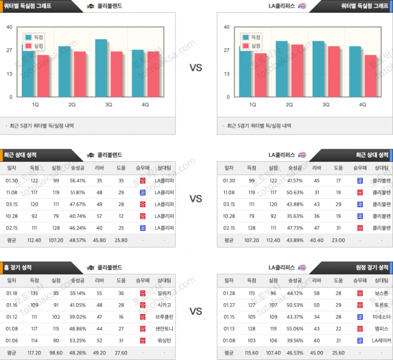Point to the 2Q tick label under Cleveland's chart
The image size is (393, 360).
click(71, 104)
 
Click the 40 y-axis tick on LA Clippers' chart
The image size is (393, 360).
click(226, 27)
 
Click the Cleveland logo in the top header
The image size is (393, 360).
click(91, 5)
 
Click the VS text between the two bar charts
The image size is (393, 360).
click(196, 68)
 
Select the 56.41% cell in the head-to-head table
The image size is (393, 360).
click(77, 180)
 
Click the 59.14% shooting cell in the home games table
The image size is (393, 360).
click(77, 292)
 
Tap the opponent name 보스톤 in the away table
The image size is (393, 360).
click(381, 292)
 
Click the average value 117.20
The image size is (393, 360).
click(34, 352)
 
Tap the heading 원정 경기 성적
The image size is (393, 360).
click(371, 267)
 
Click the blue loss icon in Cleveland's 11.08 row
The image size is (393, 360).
click(142, 192)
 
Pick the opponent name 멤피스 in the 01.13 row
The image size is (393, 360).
click(381, 328)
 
